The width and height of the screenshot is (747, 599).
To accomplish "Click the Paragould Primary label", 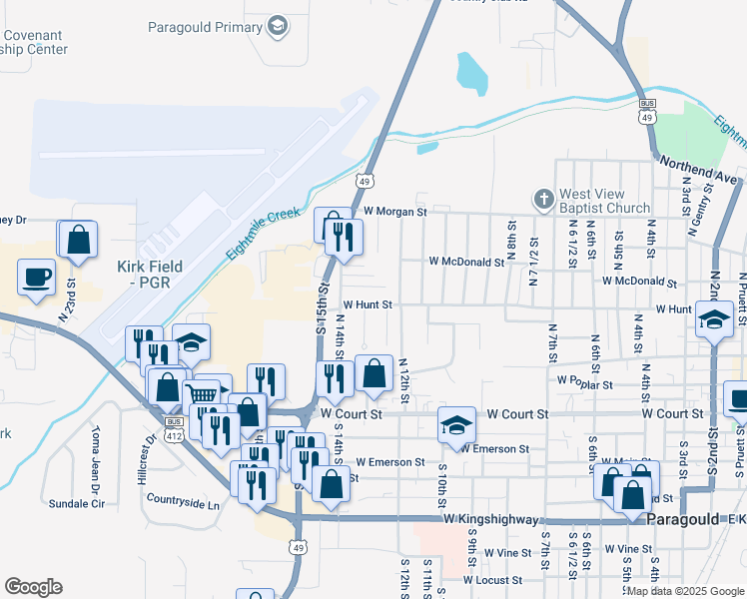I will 205,27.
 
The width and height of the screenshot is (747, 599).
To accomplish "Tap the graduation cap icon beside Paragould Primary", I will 279,27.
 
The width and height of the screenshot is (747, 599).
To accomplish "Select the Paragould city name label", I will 684,520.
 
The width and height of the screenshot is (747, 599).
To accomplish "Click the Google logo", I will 34,586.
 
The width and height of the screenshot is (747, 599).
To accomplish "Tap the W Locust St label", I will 492,580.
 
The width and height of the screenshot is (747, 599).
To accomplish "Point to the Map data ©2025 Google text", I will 682,590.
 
